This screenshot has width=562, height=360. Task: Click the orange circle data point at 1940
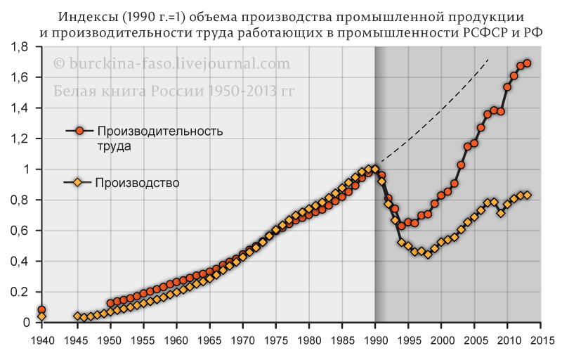point(41,310)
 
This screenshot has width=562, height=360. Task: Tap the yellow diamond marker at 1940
point(42,316)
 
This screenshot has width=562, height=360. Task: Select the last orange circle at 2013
point(528,63)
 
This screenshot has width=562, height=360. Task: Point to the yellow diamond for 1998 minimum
point(428,255)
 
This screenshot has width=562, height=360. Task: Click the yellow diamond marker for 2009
point(501,213)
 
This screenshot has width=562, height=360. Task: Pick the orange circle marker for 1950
point(110,303)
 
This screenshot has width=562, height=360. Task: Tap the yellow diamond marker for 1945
point(77,316)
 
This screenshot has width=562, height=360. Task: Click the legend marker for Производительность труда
point(79,131)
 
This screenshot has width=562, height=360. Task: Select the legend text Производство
point(137,183)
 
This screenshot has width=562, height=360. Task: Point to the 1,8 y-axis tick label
point(20,46)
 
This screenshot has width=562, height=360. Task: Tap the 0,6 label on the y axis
point(20,231)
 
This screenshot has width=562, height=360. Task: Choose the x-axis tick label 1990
point(375,340)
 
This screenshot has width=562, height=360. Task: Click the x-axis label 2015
point(541,340)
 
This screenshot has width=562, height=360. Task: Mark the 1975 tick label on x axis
point(275,340)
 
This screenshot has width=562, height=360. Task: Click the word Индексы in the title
point(83,17)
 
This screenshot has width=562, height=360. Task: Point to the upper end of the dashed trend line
point(488,59)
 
